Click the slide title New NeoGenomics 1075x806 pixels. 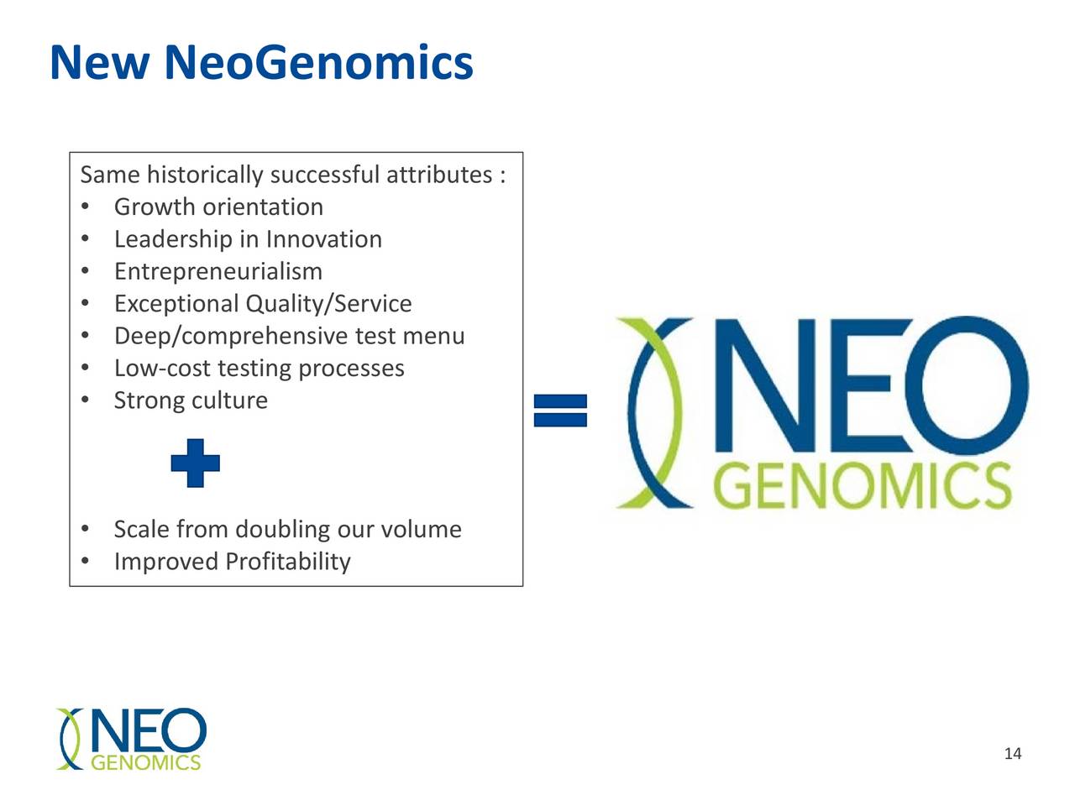pyautogui.click(x=261, y=63)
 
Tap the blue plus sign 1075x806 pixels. pyautogui.click(x=195, y=463)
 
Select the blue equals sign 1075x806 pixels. pyautogui.click(x=560, y=411)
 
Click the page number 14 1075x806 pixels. pyautogui.click(x=1013, y=753)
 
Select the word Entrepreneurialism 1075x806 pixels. pyautogui.click(x=218, y=271)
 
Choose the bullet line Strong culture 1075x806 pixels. pyautogui.click(x=191, y=400)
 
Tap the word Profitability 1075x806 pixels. pyautogui.click(x=287, y=562)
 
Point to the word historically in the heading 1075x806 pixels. pyautogui.click(x=205, y=175)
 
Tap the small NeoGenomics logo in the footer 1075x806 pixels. pyautogui.click(x=131, y=739)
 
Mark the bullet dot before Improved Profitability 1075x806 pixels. pyautogui.click(x=85, y=562)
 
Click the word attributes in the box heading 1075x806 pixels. pyautogui.click(x=438, y=175)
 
